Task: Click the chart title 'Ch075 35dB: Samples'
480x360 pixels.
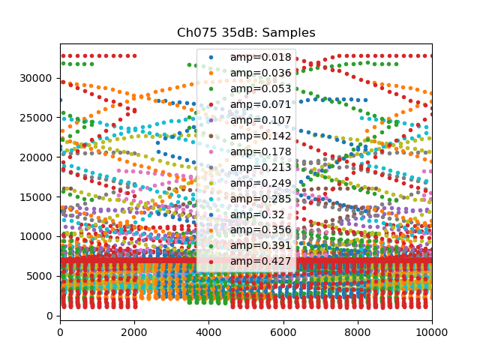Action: pos(246,33)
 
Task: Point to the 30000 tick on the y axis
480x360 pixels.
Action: pos(37,79)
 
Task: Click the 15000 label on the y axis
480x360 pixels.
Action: pos(37,197)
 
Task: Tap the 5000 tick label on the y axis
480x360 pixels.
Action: pos(40,276)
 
